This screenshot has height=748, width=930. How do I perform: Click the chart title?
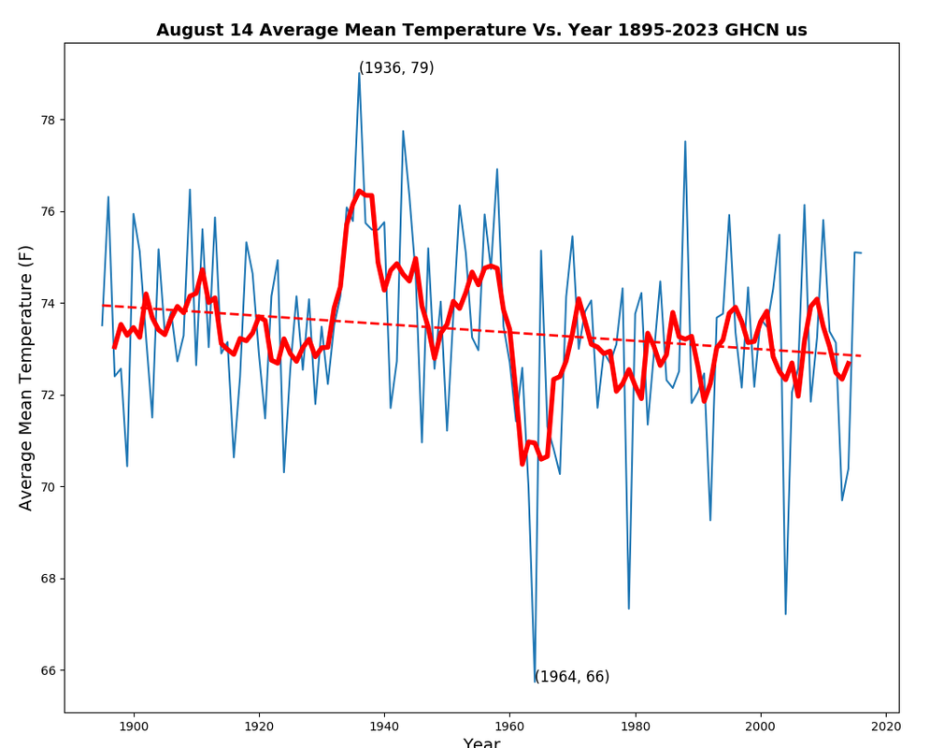pos(481,30)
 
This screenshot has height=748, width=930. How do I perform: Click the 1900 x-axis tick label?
pos(134,726)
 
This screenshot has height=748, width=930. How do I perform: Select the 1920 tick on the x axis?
pos(259,726)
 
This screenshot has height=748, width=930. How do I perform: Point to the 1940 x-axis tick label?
pos(384,726)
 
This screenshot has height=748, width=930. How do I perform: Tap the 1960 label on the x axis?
pos(509,726)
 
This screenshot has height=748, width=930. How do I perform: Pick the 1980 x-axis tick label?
pos(636,726)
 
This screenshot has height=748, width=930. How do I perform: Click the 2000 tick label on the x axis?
pos(761,726)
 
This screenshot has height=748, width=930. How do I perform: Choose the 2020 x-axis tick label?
pos(886,726)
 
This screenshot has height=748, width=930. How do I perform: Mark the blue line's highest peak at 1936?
pos(359,73)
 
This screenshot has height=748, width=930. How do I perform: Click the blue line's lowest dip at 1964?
pos(536,682)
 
